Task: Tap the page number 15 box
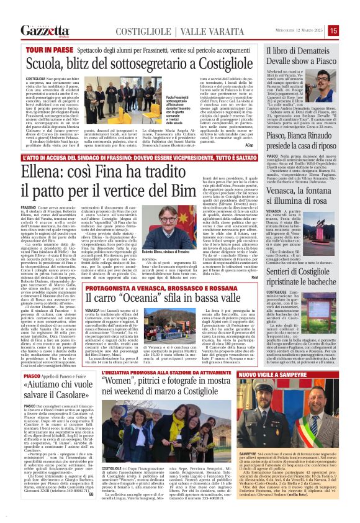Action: pos(351,30)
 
